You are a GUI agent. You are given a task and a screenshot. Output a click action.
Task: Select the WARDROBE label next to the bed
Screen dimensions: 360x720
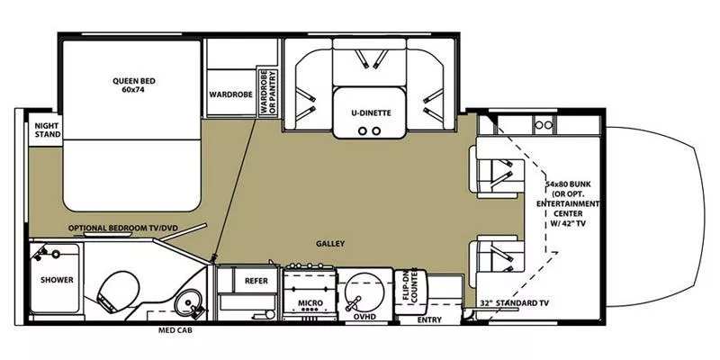[x=229, y=93]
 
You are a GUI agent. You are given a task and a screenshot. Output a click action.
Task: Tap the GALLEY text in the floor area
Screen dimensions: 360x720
[x=329, y=244]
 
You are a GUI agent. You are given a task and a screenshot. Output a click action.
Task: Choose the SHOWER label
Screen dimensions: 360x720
[x=55, y=280]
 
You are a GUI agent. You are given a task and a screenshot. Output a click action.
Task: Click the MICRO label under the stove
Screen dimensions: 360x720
[x=310, y=302]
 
